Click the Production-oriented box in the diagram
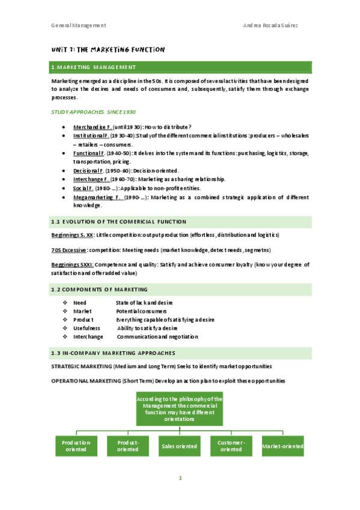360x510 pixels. (x=76, y=446)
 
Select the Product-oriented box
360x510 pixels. (x=127, y=446)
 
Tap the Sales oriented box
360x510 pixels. (x=178, y=446)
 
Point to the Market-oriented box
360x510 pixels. (x=282, y=446)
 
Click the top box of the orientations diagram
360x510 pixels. (x=179, y=409)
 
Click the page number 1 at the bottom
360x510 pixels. (x=179, y=478)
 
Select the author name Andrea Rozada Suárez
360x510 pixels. (x=277, y=25)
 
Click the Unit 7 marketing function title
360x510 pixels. (x=108, y=49)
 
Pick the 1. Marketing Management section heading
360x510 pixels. (x=94, y=67)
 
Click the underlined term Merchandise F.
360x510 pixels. (x=92, y=127)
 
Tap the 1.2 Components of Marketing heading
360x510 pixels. (x=99, y=289)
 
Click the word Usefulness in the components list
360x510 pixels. (x=87, y=328)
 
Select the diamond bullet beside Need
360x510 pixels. (x=64, y=303)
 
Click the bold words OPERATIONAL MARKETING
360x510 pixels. (x=81, y=381)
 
